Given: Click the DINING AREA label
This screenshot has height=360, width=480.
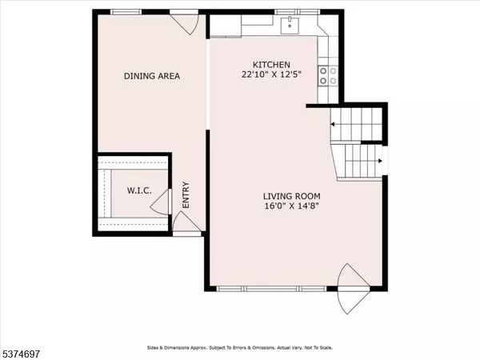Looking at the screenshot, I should click(x=151, y=76).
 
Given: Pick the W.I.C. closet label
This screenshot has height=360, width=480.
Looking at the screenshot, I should click(x=139, y=192).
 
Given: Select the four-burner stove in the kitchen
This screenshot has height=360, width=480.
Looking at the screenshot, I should click(x=326, y=75).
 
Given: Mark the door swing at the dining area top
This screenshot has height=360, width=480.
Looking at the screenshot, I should click(x=183, y=22).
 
